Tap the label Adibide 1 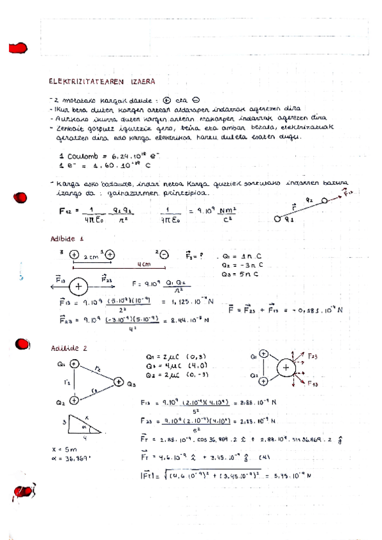click(x=67, y=239)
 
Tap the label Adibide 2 click(x=68, y=348)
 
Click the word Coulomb click(x=84, y=156)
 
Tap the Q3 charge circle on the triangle click(x=118, y=382)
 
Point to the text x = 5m click(x=62, y=449)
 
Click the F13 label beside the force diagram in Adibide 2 click(x=312, y=384)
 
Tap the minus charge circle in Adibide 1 click(x=163, y=254)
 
